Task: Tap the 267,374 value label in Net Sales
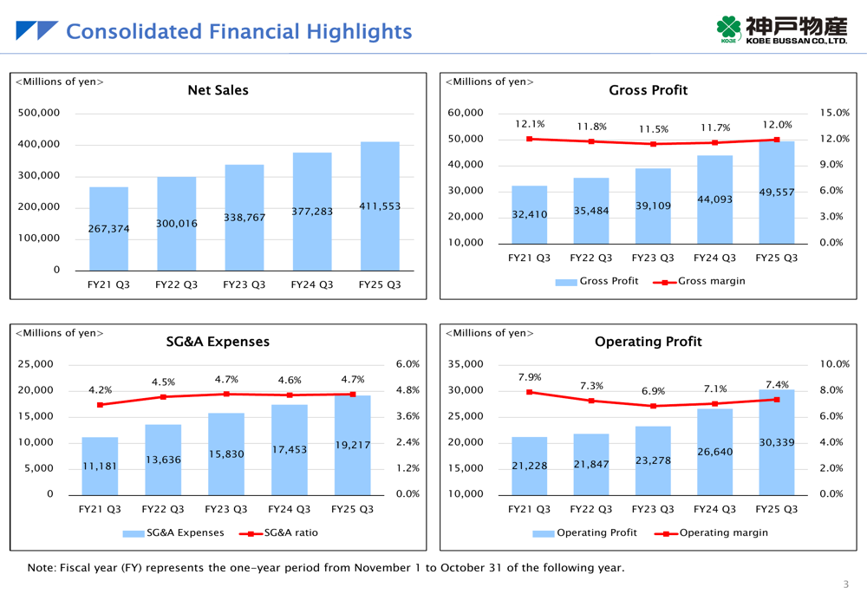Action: click(x=108, y=229)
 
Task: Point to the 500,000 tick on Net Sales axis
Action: click(x=39, y=113)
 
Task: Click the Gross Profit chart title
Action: click(x=649, y=90)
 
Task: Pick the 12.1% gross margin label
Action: click(x=530, y=124)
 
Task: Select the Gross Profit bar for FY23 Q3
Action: click(x=653, y=206)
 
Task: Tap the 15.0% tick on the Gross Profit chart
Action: click(x=835, y=113)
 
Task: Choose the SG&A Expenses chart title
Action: click(x=218, y=342)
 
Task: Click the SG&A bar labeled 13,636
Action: click(x=163, y=460)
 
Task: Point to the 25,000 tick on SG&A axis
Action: click(x=36, y=364)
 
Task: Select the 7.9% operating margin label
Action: click(x=530, y=377)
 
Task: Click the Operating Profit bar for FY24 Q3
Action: click(x=714, y=452)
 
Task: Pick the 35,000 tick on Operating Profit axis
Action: click(x=466, y=364)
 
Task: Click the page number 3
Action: click(x=846, y=584)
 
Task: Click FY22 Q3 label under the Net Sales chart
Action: click(x=176, y=284)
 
